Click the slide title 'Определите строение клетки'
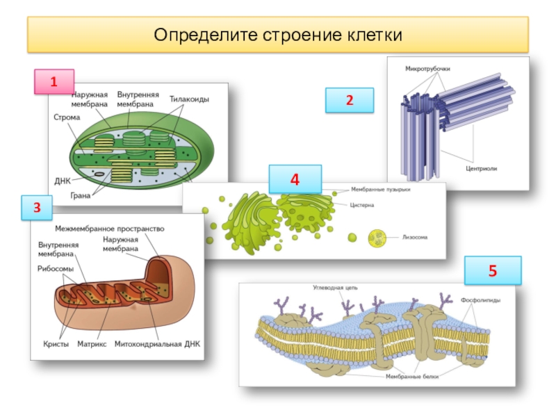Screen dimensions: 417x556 pyautogui.click(x=278, y=35)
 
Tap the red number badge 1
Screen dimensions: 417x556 pyautogui.click(x=54, y=82)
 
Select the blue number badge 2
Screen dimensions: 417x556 pyautogui.click(x=350, y=100)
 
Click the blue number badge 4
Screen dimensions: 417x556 pyautogui.click(x=295, y=179)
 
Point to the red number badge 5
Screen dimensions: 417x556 pyautogui.click(x=493, y=270)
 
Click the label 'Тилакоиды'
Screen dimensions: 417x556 pyautogui.click(x=189, y=99)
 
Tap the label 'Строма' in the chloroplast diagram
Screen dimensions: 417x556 pyautogui.click(x=67, y=117)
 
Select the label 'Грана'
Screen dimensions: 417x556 pyautogui.click(x=81, y=195)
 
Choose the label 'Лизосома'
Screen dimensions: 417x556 pyautogui.click(x=415, y=237)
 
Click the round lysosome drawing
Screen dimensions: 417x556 pyautogui.click(x=378, y=239)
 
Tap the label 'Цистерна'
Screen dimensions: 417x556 pyautogui.click(x=363, y=205)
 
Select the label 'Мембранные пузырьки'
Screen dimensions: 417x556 pyautogui.click(x=381, y=190)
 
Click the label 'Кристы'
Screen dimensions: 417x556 pyautogui.click(x=53, y=343)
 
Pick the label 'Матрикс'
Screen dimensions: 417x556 pyautogui.click(x=92, y=343)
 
